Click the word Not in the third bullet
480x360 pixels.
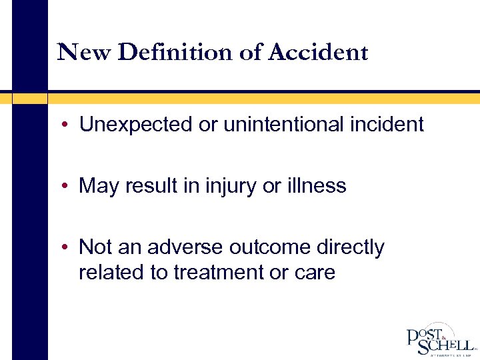95,247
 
